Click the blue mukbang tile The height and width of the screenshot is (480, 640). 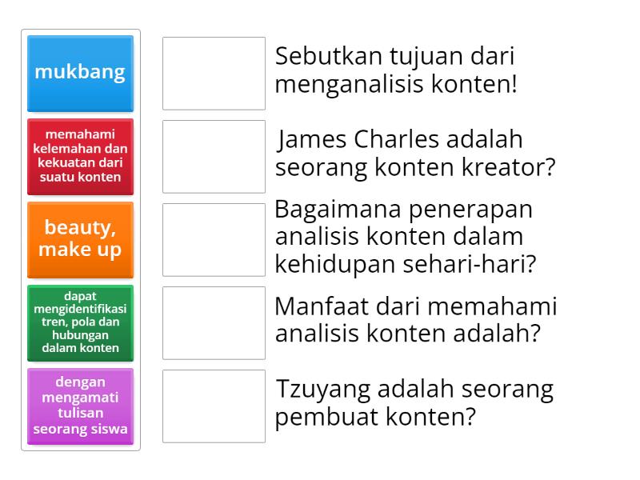click(x=80, y=73)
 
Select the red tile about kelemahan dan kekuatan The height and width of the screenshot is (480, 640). click(x=80, y=156)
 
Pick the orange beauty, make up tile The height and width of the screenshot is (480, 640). click(x=80, y=239)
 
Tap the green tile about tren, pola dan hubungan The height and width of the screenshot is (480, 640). click(x=80, y=322)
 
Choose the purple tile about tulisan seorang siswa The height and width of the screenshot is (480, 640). click(x=80, y=406)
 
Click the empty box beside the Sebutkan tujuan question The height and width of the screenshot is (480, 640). click(x=214, y=73)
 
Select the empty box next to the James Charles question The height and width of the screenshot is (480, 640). click(x=214, y=156)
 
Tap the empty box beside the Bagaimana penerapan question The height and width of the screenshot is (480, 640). click(x=214, y=239)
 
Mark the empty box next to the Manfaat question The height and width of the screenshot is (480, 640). click(x=214, y=322)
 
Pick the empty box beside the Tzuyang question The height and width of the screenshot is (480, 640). click(x=214, y=406)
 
